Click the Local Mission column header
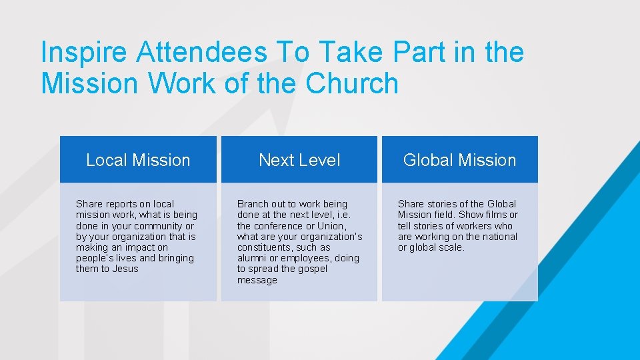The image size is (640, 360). (138, 160)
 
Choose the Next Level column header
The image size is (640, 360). (299, 160)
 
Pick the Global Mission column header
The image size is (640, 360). (459, 160)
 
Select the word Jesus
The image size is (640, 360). (126, 269)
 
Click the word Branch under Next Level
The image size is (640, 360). (253, 204)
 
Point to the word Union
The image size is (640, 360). (331, 226)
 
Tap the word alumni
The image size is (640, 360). (251, 258)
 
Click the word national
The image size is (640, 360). (495, 237)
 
